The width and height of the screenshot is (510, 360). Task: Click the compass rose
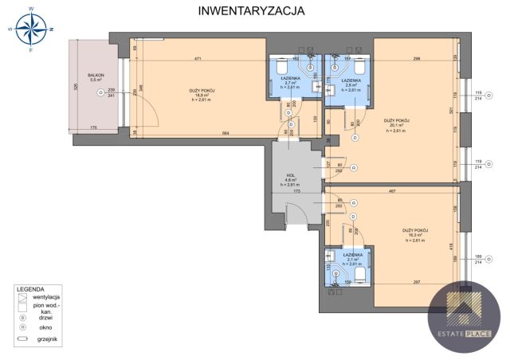coord(31,30)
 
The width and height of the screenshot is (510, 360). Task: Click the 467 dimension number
coord(392,192)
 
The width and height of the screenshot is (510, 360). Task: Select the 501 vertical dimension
coord(450,112)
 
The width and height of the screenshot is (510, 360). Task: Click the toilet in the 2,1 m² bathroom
coord(359,276)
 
